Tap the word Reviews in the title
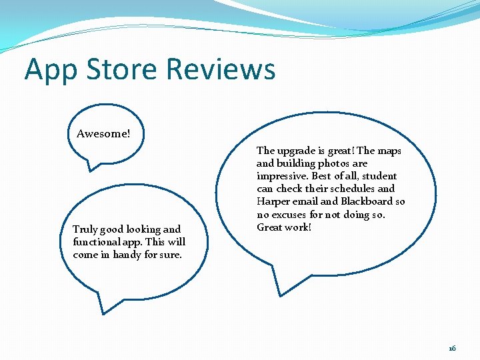(221, 69)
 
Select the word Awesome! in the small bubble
(103, 133)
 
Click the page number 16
(452, 348)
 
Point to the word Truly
(85, 229)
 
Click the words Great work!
(283, 227)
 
